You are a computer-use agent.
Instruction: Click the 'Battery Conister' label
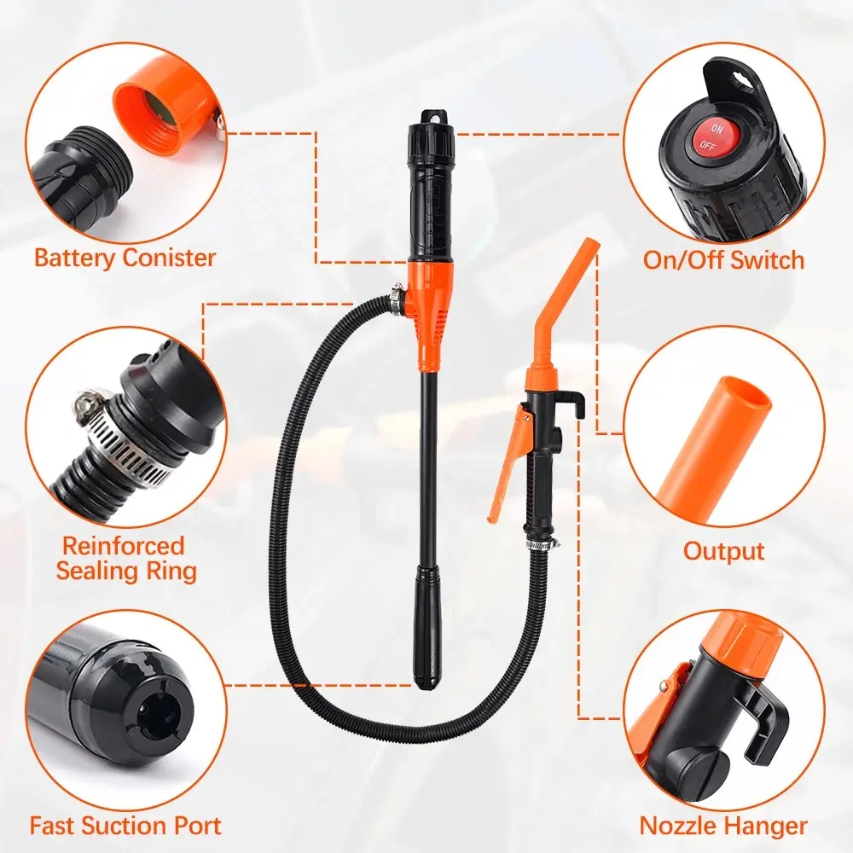pos(125,258)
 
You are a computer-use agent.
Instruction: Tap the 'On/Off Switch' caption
pos(723,259)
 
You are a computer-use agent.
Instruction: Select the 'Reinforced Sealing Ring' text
pos(125,559)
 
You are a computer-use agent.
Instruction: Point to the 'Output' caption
pos(723,550)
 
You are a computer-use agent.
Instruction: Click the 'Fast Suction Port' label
pos(125,825)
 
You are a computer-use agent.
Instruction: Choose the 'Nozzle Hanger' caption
pos(723,825)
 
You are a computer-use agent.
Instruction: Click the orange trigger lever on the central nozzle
pos(509,462)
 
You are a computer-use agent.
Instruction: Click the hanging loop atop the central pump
pos(434,116)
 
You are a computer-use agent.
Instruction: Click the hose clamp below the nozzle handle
pos(543,543)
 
